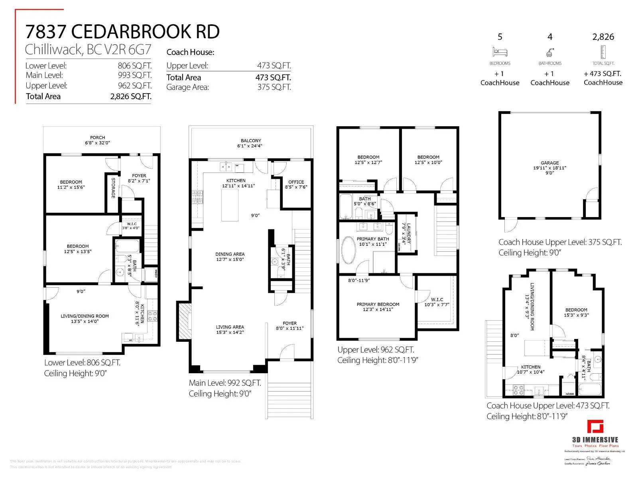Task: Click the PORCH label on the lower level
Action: pyautogui.click(x=97, y=138)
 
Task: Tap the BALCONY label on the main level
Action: pyautogui.click(x=251, y=141)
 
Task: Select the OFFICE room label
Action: pyautogui.click(x=296, y=182)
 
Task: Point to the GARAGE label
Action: pyautogui.click(x=549, y=163)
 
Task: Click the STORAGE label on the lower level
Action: pyautogui.click(x=113, y=188)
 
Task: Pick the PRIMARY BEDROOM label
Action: pyautogui.click(x=378, y=304)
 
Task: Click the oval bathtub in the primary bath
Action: pyautogui.click(x=349, y=251)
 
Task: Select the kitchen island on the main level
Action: pyautogui.click(x=230, y=205)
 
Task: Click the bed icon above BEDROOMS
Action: pyautogui.click(x=500, y=52)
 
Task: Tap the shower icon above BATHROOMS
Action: pyautogui.click(x=550, y=52)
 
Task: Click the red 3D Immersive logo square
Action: pyautogui.click(x=595, y=426)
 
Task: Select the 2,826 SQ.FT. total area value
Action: pyautogui.click(x=131, y=96)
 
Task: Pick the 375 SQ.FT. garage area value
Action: pyautogui.click(x=274, y=87)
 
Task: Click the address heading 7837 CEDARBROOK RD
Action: pyautogui.click(x=122, y=32)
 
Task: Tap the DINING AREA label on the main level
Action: pyautogui.click(x=230, y=254)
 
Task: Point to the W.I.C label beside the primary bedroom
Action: pyautogui.click(x=437, y=300)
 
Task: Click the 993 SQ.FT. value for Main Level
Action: pyautogui.click(x=134, y=75)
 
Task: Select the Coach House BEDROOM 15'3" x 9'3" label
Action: pyautogui.click(x=576, y=310)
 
